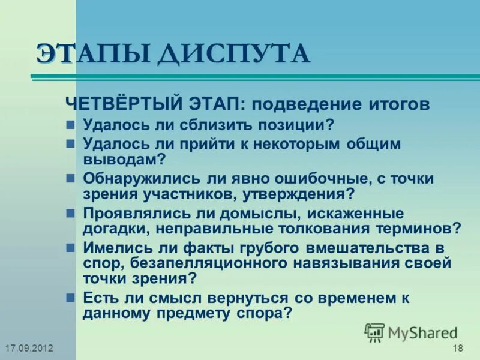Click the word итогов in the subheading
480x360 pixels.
point(398,104)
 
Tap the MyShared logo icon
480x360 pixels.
point(374,332)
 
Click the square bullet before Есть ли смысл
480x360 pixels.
point(70,298)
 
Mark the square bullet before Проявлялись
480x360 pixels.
point(70,214)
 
